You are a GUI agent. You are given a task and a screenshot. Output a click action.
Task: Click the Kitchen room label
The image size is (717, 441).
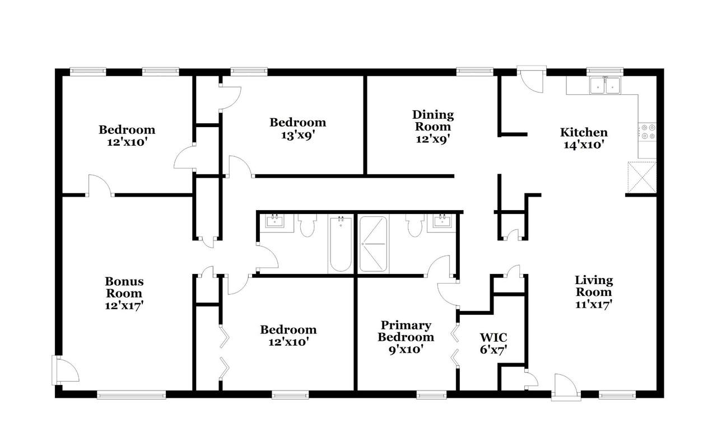(x=584, y=132)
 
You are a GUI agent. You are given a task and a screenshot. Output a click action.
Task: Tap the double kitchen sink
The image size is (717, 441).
(x=605, y=85)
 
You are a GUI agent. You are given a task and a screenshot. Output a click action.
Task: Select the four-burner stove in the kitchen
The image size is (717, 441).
(x=647, y=132)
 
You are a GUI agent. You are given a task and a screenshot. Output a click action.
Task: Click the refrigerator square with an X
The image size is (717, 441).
(x=642, y=178)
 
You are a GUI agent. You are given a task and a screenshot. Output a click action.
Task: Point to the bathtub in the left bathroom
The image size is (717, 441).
(x=341, y=244)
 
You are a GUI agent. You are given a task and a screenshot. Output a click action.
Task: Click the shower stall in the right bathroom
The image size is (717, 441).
(x=373, y=244)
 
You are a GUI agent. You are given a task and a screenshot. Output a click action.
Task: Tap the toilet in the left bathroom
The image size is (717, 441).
(x=308, y=225)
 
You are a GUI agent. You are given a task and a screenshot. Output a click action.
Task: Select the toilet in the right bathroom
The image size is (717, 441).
(x=415, y=225)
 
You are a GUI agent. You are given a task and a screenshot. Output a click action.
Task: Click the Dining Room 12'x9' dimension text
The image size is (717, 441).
(x=433, y=139)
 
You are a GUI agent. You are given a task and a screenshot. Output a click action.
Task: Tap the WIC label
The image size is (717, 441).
(x=493, y=337)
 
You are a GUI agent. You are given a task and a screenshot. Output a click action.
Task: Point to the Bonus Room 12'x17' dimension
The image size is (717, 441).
(x=124, y=305)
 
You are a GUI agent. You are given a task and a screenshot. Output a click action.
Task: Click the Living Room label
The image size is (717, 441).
(x=594, y=286)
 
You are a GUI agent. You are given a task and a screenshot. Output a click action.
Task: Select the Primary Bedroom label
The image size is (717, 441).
(x=406, y=331)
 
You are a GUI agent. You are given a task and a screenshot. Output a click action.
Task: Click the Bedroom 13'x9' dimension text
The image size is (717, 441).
(x=297, y=135)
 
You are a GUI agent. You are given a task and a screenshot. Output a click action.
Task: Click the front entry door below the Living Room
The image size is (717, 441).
(x=566, y=387)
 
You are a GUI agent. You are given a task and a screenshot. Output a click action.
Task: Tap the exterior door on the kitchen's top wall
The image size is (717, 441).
(x=532, y=79)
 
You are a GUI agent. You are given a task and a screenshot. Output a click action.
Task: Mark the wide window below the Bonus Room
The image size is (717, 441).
(x=131, y=394)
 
